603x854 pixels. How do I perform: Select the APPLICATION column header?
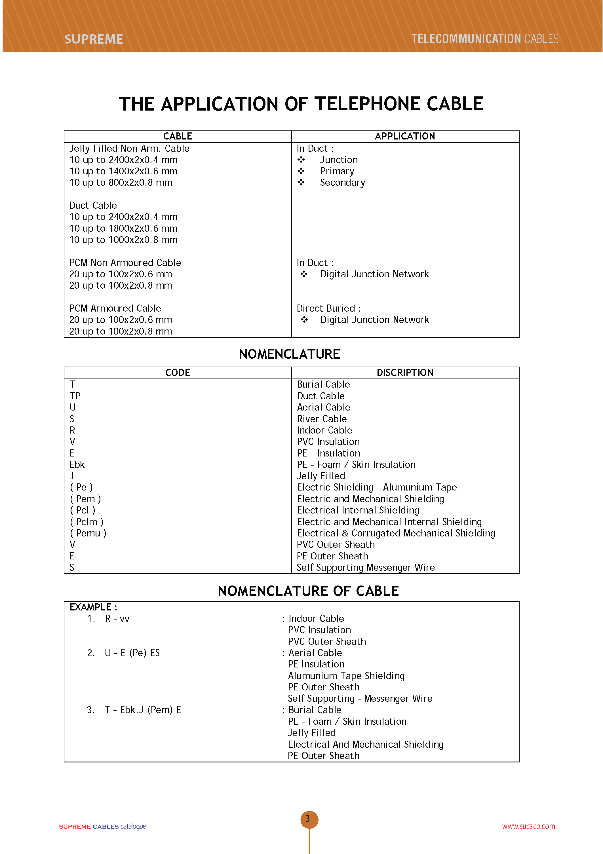coord(405,136)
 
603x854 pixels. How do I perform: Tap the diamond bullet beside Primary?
coord(301,171)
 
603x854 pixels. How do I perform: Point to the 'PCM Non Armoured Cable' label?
coord(125,263)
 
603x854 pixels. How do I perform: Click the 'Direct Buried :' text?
coord(328,308)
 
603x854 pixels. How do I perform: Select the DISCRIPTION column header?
coord(405,373)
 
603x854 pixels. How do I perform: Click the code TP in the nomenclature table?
coord(75,396)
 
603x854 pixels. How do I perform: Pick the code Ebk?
coord(77,464)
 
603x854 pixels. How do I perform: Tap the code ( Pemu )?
coord(88,533)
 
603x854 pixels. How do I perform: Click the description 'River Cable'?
coord(322,419)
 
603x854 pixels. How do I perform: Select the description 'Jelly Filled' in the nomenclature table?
coord(321,476)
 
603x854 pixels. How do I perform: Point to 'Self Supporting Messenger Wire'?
coord(365,567)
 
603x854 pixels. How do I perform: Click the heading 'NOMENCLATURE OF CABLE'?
coord(308,591)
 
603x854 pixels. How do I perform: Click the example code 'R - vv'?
coord(117,619)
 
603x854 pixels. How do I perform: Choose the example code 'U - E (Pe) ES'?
coord(132,653)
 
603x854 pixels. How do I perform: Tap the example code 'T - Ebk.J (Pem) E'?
coord(143,710)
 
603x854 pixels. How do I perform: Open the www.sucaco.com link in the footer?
coord(528,826)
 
